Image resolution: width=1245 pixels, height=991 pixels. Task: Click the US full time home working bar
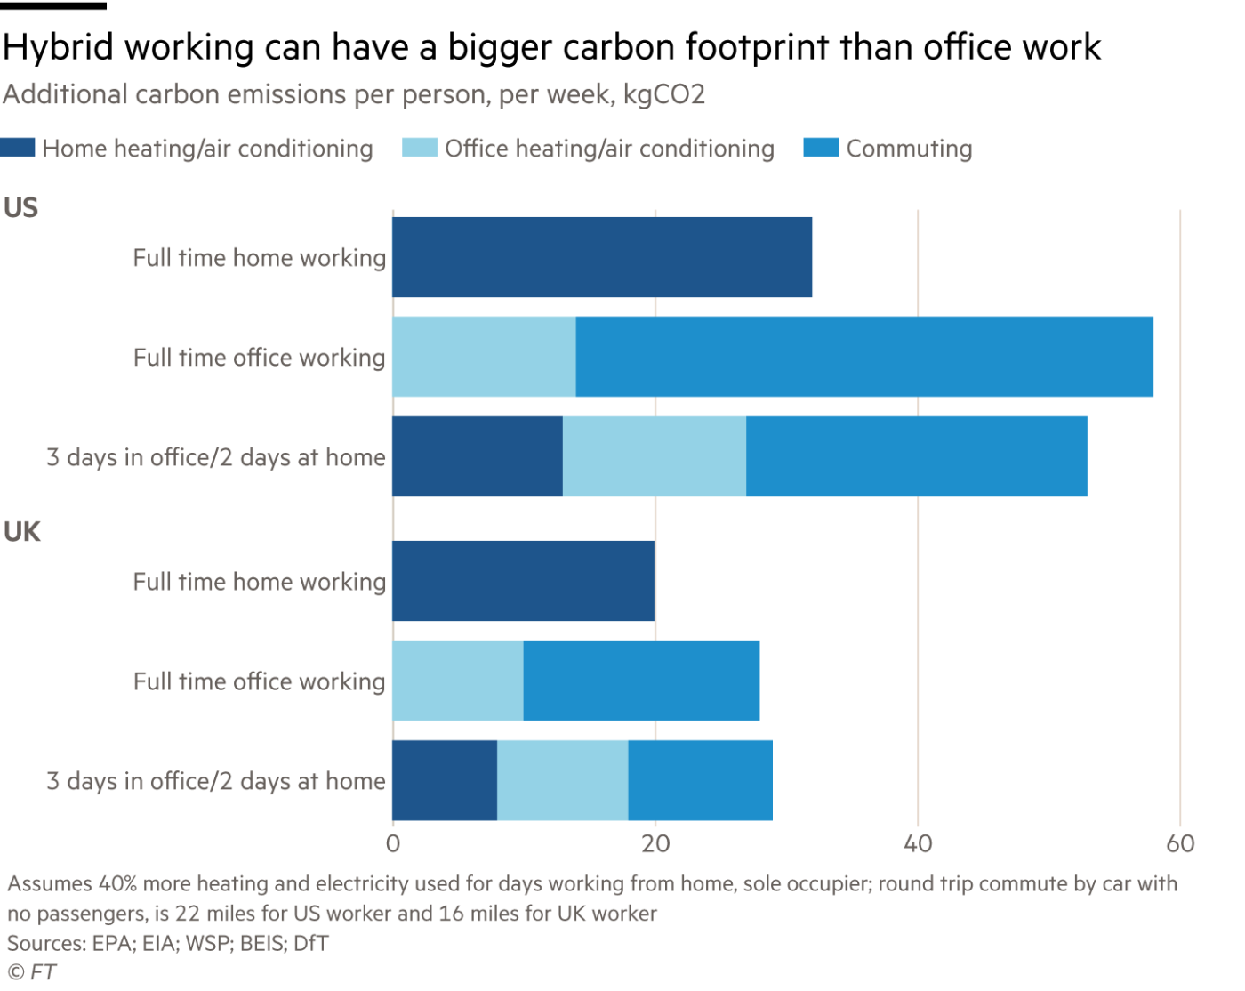[x=602, y=257]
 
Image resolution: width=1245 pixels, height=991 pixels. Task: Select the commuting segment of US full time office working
[x=864, y=357]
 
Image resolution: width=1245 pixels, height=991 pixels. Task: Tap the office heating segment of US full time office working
[x=484, y=357]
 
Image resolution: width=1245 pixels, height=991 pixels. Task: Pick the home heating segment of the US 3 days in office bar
[x=477, y=456]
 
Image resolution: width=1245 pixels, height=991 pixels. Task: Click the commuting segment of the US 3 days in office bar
[x=917, y=456]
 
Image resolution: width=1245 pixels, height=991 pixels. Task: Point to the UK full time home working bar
[x=523, y=581]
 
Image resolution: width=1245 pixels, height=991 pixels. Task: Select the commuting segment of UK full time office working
[x=641, y=681]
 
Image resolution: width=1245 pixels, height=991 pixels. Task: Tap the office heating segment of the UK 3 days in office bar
[x=562, y=780]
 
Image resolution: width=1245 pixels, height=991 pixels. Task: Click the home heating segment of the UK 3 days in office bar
[x=444, y=780]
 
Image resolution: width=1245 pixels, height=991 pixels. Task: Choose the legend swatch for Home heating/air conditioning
[x=18, y=148]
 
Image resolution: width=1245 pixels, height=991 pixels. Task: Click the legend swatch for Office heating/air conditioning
[x=420, y=148]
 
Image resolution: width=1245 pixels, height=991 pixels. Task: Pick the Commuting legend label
[x=909, y=149]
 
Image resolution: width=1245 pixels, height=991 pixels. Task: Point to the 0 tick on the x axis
[x=393, y=843]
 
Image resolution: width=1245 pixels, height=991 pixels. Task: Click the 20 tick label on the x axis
[x=655, y=843]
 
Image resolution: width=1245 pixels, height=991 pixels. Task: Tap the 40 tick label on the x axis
[x=918, y=843]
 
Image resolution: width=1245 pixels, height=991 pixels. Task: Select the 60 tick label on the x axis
[x=1180, y=843]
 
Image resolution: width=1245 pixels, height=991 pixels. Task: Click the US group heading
[x=20, y=207]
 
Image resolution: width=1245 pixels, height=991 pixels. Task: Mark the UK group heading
[x=22, y=531]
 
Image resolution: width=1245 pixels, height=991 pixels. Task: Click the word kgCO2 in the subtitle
[x=663, y=94]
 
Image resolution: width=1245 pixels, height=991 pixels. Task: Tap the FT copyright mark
[x=32, y=971]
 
